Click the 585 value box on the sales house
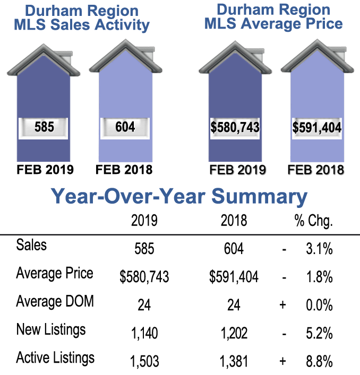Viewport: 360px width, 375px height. pos(44,128)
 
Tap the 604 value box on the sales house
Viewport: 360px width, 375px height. pos(126,128)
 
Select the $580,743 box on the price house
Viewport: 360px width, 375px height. pos(234,128)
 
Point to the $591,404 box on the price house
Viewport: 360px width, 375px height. pos(316,128)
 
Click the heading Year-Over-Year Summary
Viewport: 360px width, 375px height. pos(179,196)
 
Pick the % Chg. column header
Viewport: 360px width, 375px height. pos(313,220)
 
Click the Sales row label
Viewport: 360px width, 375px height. pos(31,245)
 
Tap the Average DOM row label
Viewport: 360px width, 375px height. pos(55,301)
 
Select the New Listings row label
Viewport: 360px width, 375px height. pos(50,330)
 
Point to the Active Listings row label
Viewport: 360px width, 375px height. pos(55,358)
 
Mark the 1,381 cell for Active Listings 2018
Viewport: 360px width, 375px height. pos(234,361)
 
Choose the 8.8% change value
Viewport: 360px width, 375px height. pos(319,361)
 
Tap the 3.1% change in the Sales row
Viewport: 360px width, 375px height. pos(319,248)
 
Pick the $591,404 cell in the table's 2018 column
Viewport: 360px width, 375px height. pos(234,276)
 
